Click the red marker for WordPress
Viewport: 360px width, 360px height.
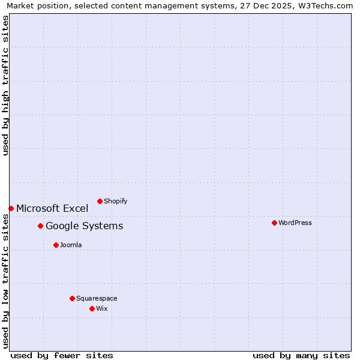coord(274,223)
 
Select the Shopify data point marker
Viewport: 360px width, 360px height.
coord(100,201)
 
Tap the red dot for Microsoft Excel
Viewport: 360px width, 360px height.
coord(11,208)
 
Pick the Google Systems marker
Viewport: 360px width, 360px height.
coord(40,226)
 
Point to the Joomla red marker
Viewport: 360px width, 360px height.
coord(56,245)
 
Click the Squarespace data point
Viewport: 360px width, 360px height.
coord(72,298)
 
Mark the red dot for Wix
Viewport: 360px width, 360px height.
coord(92,308)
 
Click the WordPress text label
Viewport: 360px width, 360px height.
coord(295,223)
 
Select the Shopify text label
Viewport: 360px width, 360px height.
coord(115,201)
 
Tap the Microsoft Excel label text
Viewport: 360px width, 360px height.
coord(52,208)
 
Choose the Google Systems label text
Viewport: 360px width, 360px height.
coord(84,226)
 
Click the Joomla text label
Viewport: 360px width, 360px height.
coord(71,245)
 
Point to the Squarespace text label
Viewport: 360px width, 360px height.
coord(97,298)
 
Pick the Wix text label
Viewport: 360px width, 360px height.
coord(101,308)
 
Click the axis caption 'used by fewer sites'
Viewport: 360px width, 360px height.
coord(62,355)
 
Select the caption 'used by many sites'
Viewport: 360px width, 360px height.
coord(301,355)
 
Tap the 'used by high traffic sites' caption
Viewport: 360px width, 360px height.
coord(5,85)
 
